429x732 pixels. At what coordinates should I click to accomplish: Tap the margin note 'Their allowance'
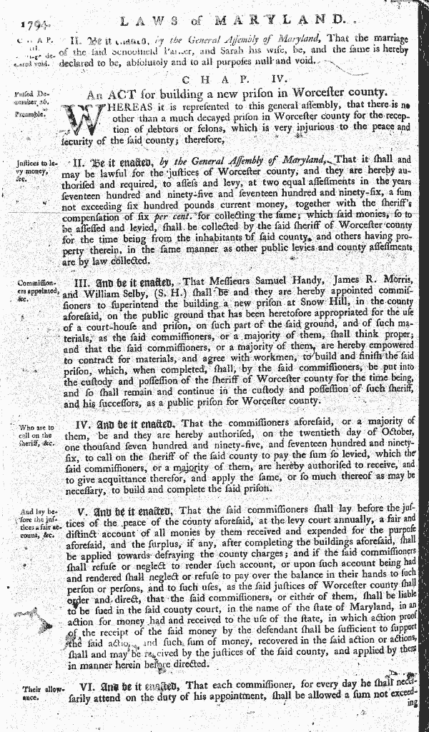[31, 695]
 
